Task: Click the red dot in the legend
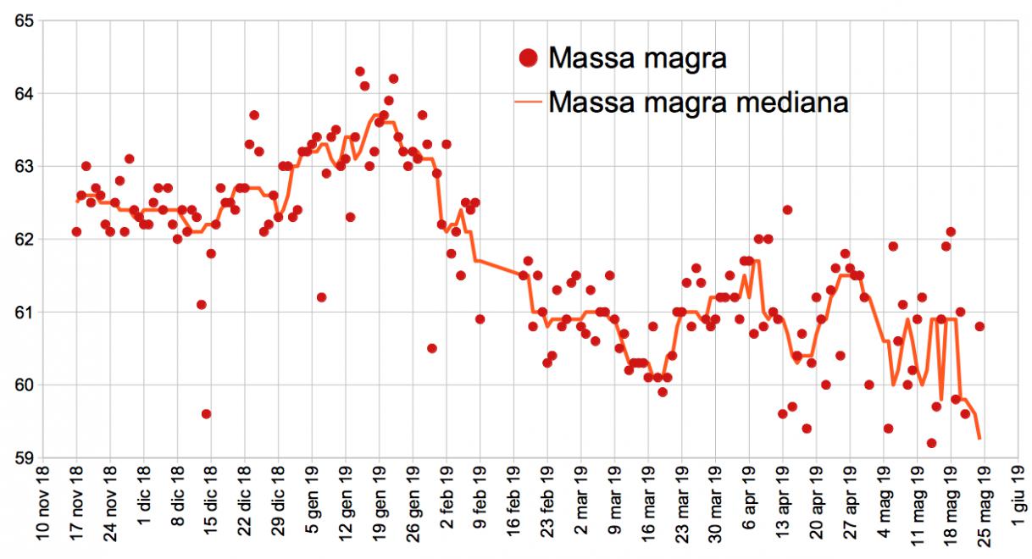coord(528,58)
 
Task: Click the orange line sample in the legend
coord(528,102)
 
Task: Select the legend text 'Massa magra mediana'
coord(698,102)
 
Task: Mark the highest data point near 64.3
coord(359,71)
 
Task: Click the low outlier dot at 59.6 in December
coord(206,414)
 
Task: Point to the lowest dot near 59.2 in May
coord(931,443)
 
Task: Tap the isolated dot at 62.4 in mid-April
coord(787,209)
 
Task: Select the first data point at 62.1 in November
coord(76,231)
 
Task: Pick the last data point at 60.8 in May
coord(979,326)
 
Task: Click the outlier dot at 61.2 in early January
coord(321,297)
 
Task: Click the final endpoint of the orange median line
coord(980,439)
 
